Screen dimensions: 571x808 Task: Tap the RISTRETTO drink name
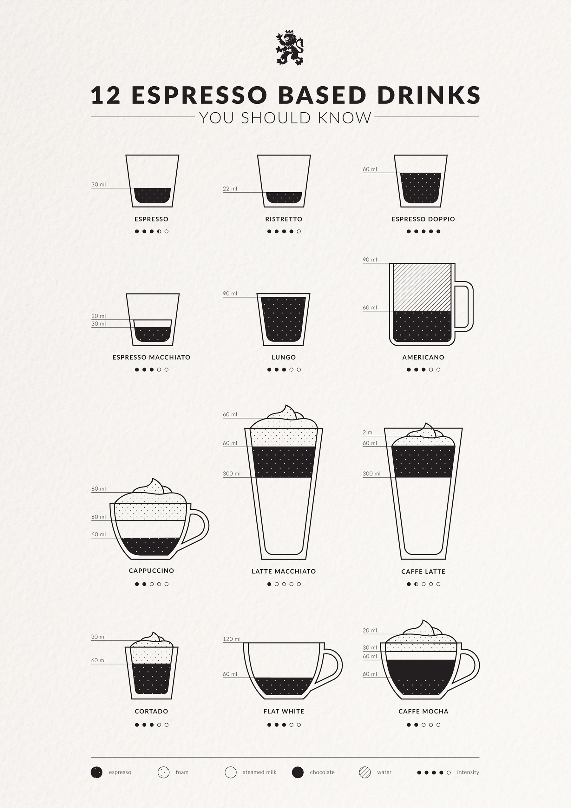(284, 219)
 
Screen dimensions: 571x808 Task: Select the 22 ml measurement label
(230, 189)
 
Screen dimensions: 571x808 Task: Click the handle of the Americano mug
(471, 306)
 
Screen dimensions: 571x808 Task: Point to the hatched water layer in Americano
(422, 287)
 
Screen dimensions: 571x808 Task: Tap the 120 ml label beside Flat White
(232, 639)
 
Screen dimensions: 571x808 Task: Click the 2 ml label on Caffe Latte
(368, 432)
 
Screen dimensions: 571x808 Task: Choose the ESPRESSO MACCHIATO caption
(151, 357)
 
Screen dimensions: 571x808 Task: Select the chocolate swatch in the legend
(298, 772)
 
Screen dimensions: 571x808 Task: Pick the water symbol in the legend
(365, 772)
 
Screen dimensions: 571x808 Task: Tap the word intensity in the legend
(468, 772)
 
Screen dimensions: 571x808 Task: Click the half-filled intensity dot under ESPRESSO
(159, 232)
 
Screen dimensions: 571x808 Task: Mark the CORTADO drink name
(151, 711)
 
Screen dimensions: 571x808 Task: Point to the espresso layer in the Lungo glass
(283, 319)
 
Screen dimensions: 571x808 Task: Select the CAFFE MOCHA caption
(423, 711)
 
